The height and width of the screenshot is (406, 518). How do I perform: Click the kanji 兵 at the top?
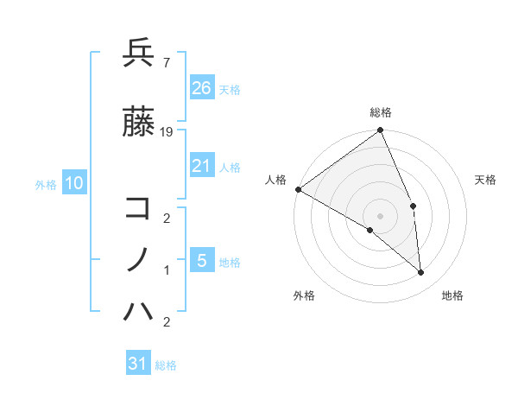pos(138,54)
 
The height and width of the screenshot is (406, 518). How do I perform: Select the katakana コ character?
pos(138,207)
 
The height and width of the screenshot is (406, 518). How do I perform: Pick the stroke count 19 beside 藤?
pos(167,132)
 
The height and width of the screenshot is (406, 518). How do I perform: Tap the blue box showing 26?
pos(201,87)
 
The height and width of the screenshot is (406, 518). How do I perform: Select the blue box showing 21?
pos(201,167)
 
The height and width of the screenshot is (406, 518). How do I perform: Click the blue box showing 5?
pos(201,261)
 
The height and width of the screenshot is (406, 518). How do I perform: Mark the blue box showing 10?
pos(73,182)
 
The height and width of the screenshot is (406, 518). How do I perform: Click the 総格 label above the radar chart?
pos(381,113)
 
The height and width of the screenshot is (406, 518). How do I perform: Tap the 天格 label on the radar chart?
pos(486,180)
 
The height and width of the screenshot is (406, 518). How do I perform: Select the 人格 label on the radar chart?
pos(276,180)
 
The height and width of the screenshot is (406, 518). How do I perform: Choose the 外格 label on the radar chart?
pos(304,296)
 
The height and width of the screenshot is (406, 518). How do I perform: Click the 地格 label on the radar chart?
pos(452,296)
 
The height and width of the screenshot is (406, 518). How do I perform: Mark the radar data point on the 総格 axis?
pos(381,131)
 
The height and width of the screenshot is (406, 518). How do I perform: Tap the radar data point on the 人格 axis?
pos(298,189)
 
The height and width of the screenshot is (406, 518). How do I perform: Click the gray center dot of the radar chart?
pos(381,215)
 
